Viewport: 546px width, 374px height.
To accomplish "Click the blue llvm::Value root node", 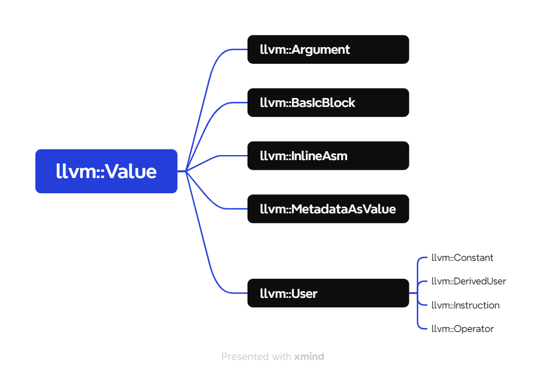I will pyautogui.click(x=106, y=171).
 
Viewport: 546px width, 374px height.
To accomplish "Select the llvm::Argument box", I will pyautogui.click(x=328, y=49).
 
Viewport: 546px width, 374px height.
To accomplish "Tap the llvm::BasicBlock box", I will pyautogui.click(x=328, y=102).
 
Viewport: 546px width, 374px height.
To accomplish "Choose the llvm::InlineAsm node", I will pyautogui.click(x=328, y=156).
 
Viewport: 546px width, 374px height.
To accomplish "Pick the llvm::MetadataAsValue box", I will pyautogui.click(x=328, y=209).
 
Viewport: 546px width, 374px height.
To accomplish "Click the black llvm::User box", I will pyautogui.click(x=328, y=293).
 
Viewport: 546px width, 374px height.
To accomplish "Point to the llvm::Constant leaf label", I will pyautogui.click(x=462, y=258).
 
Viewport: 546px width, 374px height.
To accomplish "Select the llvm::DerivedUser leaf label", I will pyautogui.click(x=468, y=282).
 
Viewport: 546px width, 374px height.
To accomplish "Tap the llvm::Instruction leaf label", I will pyautogui.click(x=465, y=305).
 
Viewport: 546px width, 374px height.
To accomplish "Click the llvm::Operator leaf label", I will pyautogui.click(x=462, y=329).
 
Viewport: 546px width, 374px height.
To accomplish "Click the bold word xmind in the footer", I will pyautogui.click(x=309, y=357).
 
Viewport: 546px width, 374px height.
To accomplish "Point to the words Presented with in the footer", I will pyautogui.click(x=256, y=357).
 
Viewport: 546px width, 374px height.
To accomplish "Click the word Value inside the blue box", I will pyautogui.click(x=130, y=171).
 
